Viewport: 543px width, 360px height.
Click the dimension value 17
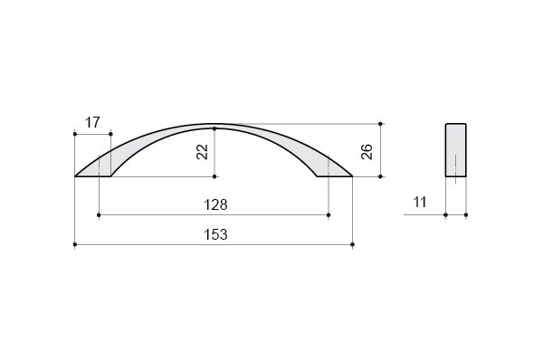click(92, 122)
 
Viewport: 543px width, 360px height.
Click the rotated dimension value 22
click(202, 152)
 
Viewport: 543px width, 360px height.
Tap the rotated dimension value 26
click(367, 152)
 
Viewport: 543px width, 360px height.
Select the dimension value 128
click(215, 205)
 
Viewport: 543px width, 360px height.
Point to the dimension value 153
click(215, 234)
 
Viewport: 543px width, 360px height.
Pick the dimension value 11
click(420, 202)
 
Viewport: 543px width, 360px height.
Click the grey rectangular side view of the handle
click(456, 150)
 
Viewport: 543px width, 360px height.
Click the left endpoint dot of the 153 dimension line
click(75, 244)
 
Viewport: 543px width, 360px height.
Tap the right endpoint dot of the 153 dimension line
click(353, 244)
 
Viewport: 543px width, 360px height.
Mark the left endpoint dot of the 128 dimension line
click(99, 215)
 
